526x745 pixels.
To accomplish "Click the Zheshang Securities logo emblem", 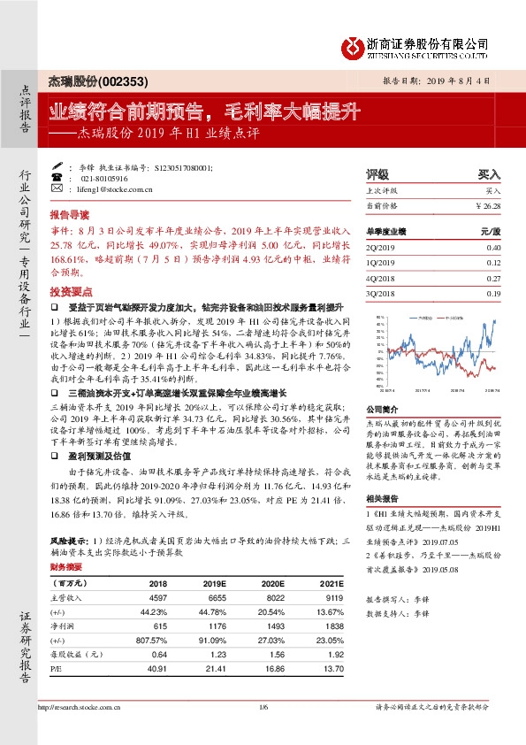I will (353, 44).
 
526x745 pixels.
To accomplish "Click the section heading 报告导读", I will (69, 215).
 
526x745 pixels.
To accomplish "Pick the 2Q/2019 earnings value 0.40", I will (492, 248).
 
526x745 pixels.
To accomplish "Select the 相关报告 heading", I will (381, 500).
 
